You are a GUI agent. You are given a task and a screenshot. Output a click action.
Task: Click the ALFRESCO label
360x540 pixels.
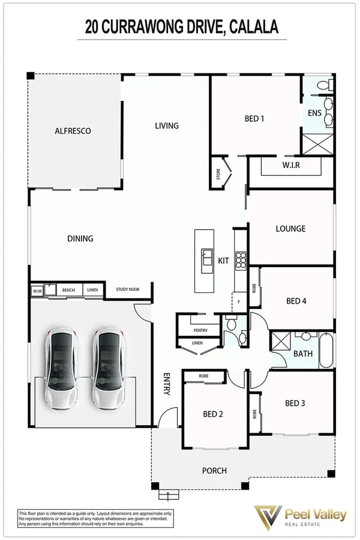click(73, 131)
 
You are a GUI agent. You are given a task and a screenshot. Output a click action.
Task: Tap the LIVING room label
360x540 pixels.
click(167, 126)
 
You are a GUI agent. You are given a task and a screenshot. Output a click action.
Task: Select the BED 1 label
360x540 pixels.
click(254, 119)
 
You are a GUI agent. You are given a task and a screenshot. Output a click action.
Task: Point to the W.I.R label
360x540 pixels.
click(291, 165)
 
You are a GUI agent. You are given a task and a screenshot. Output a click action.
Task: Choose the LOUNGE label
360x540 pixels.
click(290, 229)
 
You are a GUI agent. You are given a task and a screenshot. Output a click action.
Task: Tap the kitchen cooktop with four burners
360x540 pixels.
click(241, 260)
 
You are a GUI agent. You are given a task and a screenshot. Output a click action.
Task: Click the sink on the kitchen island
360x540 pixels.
click(206, 257)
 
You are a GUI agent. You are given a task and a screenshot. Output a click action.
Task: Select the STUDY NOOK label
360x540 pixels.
click(128, 290)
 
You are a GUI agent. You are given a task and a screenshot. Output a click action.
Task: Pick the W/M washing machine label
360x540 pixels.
click(36, 291)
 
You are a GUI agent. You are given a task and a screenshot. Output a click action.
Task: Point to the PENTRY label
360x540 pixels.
click(200, 331)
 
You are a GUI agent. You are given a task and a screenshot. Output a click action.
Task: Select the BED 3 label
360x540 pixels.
click(295, 403)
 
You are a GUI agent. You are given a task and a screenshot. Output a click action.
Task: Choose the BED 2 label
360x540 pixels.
click(213, 414)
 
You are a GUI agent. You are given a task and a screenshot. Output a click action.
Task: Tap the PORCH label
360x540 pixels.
click(214, 471)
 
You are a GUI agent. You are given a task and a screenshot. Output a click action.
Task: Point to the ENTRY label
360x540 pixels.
click(167, 385)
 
